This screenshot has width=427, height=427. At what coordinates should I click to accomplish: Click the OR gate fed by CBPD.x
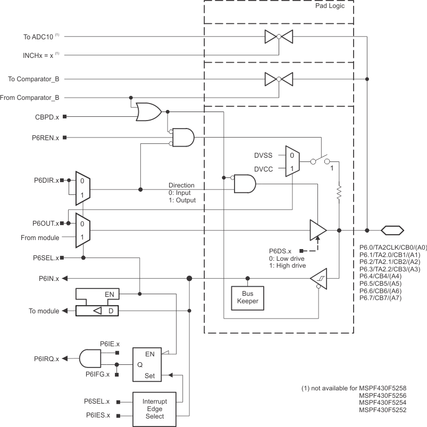(x=149, y=112)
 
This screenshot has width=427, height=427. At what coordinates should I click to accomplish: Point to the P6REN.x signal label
(x=46, y=138)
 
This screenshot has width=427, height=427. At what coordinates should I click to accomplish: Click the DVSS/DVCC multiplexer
(x=292, y=161)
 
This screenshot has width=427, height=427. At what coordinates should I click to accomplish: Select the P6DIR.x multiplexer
(x=82, y=189)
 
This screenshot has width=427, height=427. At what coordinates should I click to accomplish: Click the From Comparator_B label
(x=34, y=97)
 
